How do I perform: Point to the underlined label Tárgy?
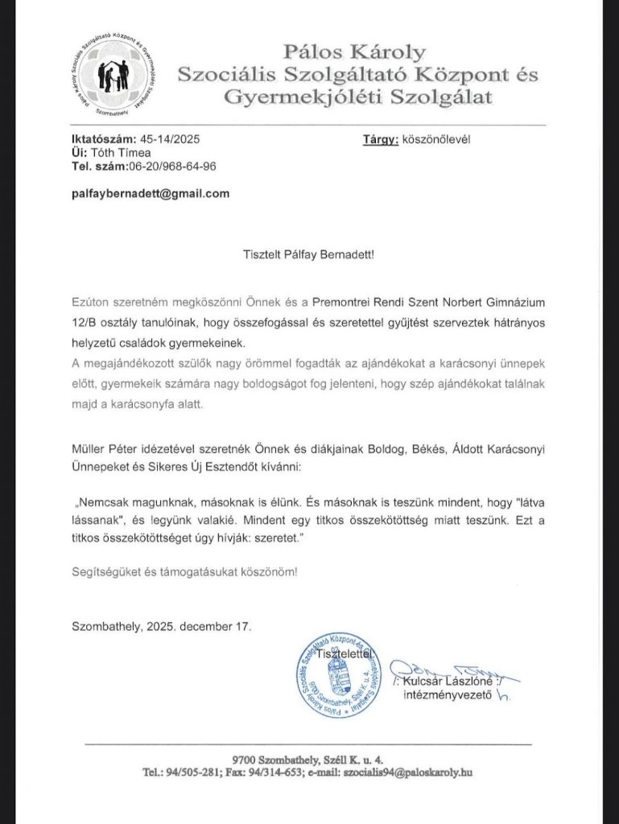pyautogui.click(x=382, y=138)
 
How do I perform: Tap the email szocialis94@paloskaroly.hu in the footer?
pyautogui.click(x=407, y=772)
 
